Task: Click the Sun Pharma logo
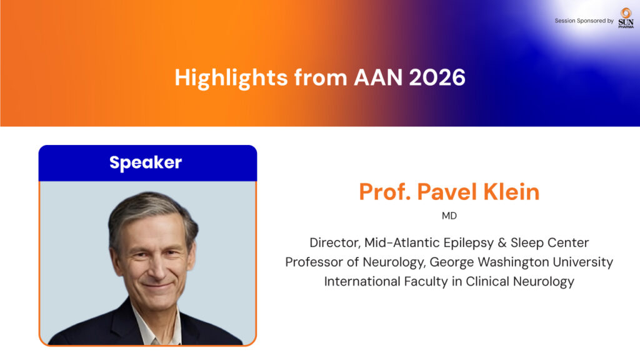click(626, 18)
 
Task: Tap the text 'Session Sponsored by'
click(584, 21)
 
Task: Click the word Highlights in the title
click(231, 78)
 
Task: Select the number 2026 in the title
click(437, 77)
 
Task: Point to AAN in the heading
click(378, 77)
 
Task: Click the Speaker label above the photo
click(146, 163)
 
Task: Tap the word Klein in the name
click(511, 192)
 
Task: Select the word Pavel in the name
click(447, 192)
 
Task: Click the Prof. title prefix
click(384, 192)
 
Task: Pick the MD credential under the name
click(449, 216)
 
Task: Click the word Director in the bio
click(335, 243)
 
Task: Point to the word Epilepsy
click(469, 243)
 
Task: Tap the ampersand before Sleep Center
click(502, 243)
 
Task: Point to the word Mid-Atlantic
click(402, 243)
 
